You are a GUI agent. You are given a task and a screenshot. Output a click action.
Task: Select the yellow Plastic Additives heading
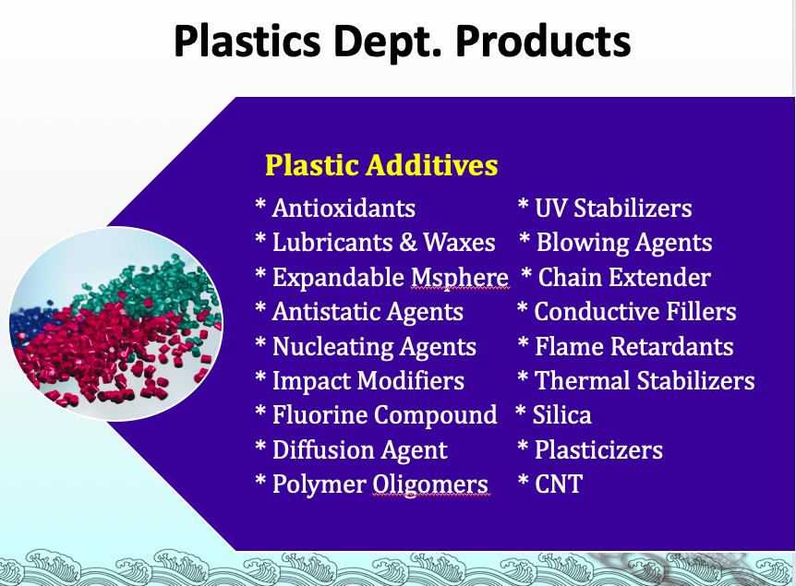click(381, 165)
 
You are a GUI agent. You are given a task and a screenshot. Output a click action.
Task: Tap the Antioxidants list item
click(344, 208)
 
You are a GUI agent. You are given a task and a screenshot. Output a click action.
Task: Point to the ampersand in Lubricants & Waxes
click(408, 242)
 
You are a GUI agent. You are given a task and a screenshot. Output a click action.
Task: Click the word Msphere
click(460, 278)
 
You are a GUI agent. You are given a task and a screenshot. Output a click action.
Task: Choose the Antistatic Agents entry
click(368, 312)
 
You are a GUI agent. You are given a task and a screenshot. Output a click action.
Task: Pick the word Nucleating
click(332, 347)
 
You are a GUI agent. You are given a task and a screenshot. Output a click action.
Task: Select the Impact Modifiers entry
click(368, 381)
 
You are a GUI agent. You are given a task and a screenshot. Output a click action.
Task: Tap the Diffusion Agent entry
click(360, 450)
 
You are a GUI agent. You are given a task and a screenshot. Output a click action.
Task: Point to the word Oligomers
click(430, 484)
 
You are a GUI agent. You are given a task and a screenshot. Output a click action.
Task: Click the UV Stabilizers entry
click(613, 208)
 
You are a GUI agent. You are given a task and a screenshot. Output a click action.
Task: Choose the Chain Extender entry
click(624, 278)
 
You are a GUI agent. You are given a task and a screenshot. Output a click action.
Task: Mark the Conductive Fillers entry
click(635, 312)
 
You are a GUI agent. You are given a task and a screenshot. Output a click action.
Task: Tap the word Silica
click(562, 415)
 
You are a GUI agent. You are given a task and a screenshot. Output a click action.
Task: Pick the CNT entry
click(559, 484)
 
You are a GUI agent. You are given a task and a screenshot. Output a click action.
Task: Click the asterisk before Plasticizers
click(523, 447)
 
